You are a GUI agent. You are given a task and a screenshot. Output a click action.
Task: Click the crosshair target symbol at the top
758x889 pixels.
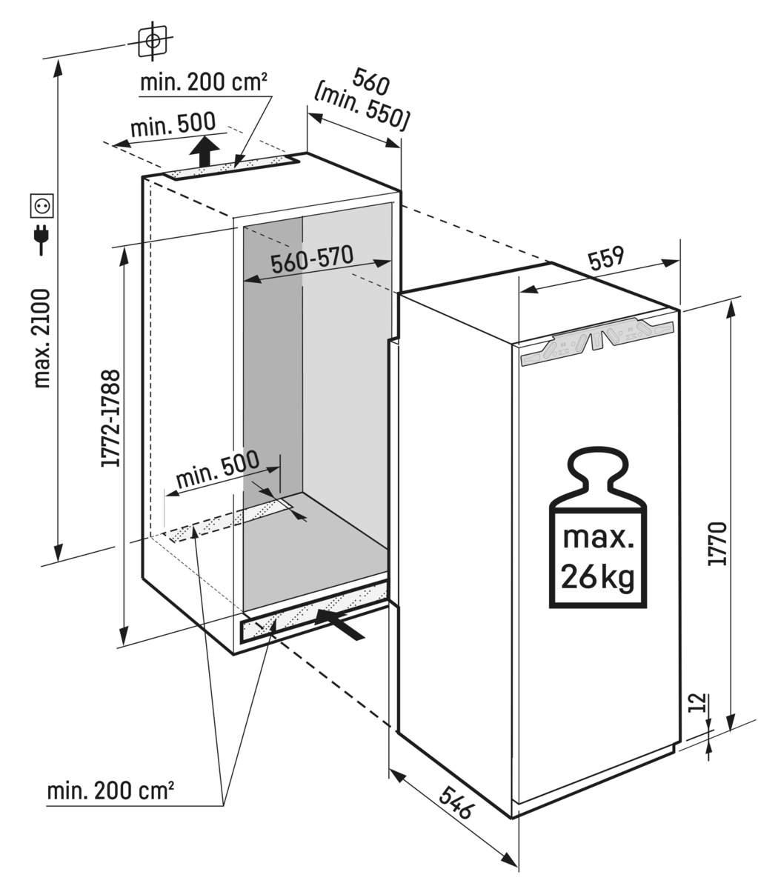tap(153, 41)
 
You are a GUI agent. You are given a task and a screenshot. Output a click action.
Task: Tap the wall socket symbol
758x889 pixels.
tap(41, 205)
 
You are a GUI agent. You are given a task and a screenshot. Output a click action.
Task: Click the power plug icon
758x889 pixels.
tap(41, 238)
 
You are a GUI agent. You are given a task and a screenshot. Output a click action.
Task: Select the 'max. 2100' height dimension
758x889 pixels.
tap(41, 339)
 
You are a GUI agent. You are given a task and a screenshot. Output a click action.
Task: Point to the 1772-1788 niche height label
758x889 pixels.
tap(112, 419)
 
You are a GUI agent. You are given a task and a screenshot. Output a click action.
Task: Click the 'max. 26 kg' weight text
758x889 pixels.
tap(598, 556)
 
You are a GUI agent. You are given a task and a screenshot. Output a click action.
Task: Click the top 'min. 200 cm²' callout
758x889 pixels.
tap(204, 82)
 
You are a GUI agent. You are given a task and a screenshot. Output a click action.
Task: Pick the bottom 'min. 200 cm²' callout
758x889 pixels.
tap(110, 791)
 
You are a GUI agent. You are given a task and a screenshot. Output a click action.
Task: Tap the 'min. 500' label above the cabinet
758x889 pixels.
tap(173, 125)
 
